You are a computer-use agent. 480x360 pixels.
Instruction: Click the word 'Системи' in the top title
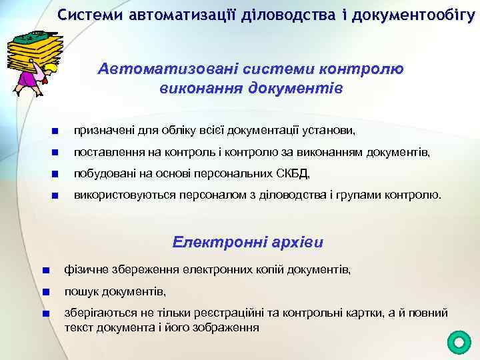click(85, 14)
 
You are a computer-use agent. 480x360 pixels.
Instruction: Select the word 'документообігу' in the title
click(413, 14)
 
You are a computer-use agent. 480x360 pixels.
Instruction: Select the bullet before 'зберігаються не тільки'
click(45, 314)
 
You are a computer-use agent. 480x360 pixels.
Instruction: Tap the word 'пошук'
click(78, 292)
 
